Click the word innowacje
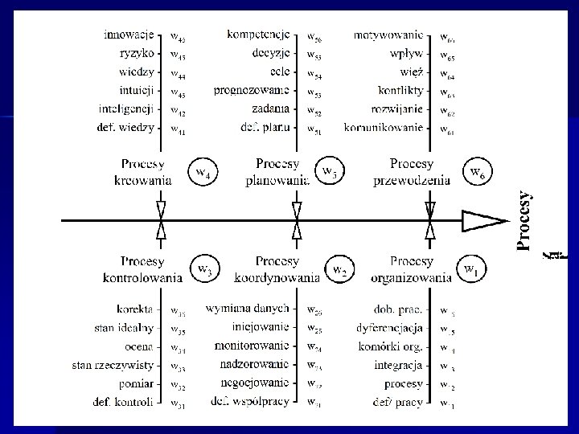click(x=129, y=35)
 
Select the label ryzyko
click(x=136, y=54)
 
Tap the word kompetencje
click(x=259, y=35)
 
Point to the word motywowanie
click(x=388, y=35)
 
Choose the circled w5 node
click(x=331, y=171)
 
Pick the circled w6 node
click(x=476, y=171)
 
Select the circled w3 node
click(x=205, y=268)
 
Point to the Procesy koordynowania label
click(x=277, y=270)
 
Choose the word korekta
click(x=133, y=309)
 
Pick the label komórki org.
click(x=392, y=346)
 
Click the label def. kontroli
click(x=128, y=401)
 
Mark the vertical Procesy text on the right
click(x=525, y=221)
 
